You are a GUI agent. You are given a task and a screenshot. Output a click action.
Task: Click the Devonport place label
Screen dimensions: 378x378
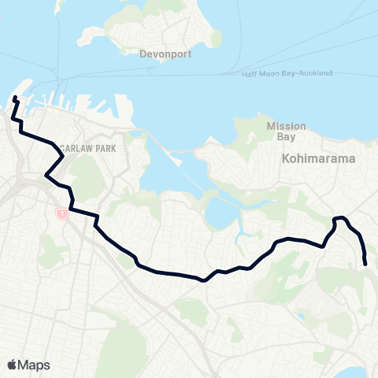click(x=161, y=55)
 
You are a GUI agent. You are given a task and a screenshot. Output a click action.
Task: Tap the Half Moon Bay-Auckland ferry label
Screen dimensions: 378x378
click(x=287, y=73)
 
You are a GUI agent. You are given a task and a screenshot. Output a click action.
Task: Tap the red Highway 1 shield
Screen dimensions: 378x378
click(x=60, y=213)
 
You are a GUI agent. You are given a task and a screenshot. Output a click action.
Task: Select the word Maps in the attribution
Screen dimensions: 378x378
click(x=35, y=365)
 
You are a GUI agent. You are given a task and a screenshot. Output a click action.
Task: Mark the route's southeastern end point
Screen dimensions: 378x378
click(x=365, y=264)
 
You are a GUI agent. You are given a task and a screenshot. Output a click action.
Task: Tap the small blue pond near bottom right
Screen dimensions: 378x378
click(x=301, y=317)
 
